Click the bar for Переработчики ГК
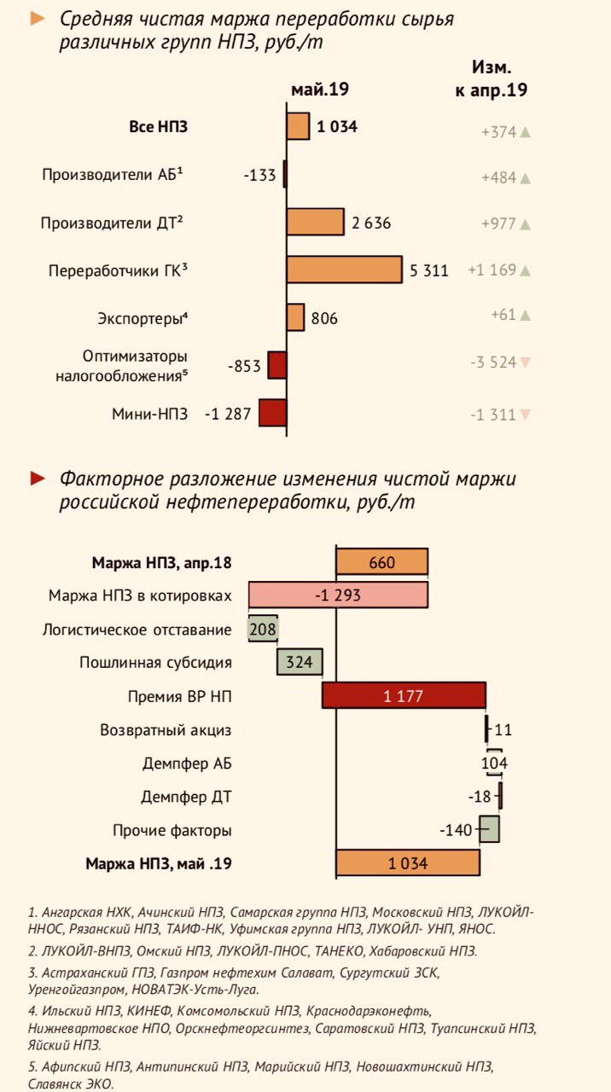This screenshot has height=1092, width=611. click(344, 270)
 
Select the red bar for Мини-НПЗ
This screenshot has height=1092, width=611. click(272, 413)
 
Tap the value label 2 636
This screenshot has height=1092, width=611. click(371, 224)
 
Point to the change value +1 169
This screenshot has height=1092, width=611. click(492, 270)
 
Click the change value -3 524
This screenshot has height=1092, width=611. click(493, 362)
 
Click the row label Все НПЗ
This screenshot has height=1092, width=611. click(158, 127)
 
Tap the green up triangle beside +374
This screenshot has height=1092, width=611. click(526, 132)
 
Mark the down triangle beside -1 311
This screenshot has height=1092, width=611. click(526, 415)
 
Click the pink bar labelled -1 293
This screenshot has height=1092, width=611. click(338, 595)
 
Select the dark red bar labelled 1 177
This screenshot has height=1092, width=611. click(404, 696)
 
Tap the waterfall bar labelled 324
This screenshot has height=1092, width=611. click(300, 662)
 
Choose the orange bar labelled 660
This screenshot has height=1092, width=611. click(381, 562)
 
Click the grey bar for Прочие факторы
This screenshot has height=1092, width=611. click(489, 829)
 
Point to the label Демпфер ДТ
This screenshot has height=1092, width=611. click(186, 798)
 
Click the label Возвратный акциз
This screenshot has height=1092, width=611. click(166, 730)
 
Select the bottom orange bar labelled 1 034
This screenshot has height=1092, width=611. click(407, 863)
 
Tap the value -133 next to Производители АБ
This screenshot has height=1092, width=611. click(259, 175)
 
